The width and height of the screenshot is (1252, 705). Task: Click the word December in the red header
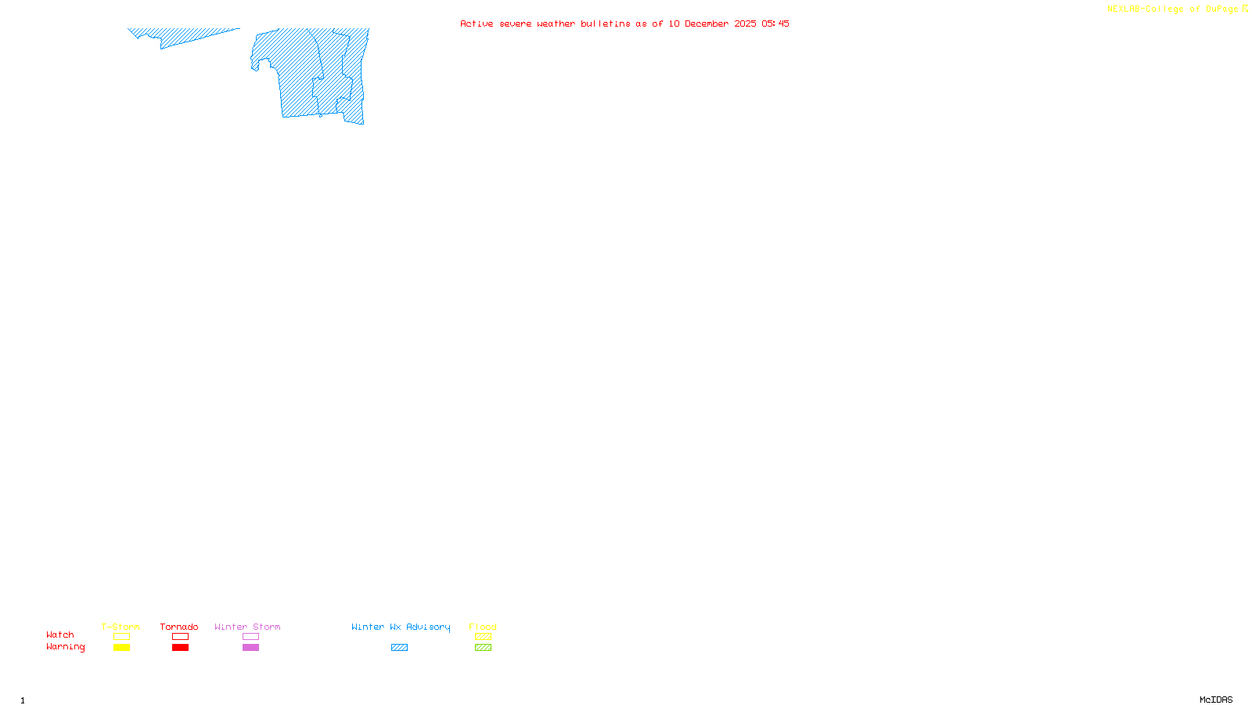(707, 23)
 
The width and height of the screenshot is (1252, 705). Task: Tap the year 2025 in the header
(745, 23)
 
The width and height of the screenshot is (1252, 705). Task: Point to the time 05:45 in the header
(775, 23)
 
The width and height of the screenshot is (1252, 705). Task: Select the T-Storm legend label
(121, 627)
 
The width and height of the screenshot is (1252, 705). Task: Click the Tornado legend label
(179, 627)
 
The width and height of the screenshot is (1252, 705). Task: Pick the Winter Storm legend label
(247, 627)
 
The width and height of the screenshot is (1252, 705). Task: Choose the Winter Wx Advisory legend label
(401, 627)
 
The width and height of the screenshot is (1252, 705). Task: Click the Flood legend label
(483, 627)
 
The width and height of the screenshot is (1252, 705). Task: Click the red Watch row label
(60, 634)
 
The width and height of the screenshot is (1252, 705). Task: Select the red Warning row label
(66, 647)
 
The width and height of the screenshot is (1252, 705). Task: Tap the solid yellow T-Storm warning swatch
(121, 648)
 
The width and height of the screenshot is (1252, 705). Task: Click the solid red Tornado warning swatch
(181, 648)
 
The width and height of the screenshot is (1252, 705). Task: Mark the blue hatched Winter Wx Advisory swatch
(399, 648)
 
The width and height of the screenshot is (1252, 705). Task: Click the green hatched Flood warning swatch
(483, 648)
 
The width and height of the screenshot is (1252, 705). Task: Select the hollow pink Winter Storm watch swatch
(250, 637)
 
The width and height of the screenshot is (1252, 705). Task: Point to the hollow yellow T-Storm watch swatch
(121, 637)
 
